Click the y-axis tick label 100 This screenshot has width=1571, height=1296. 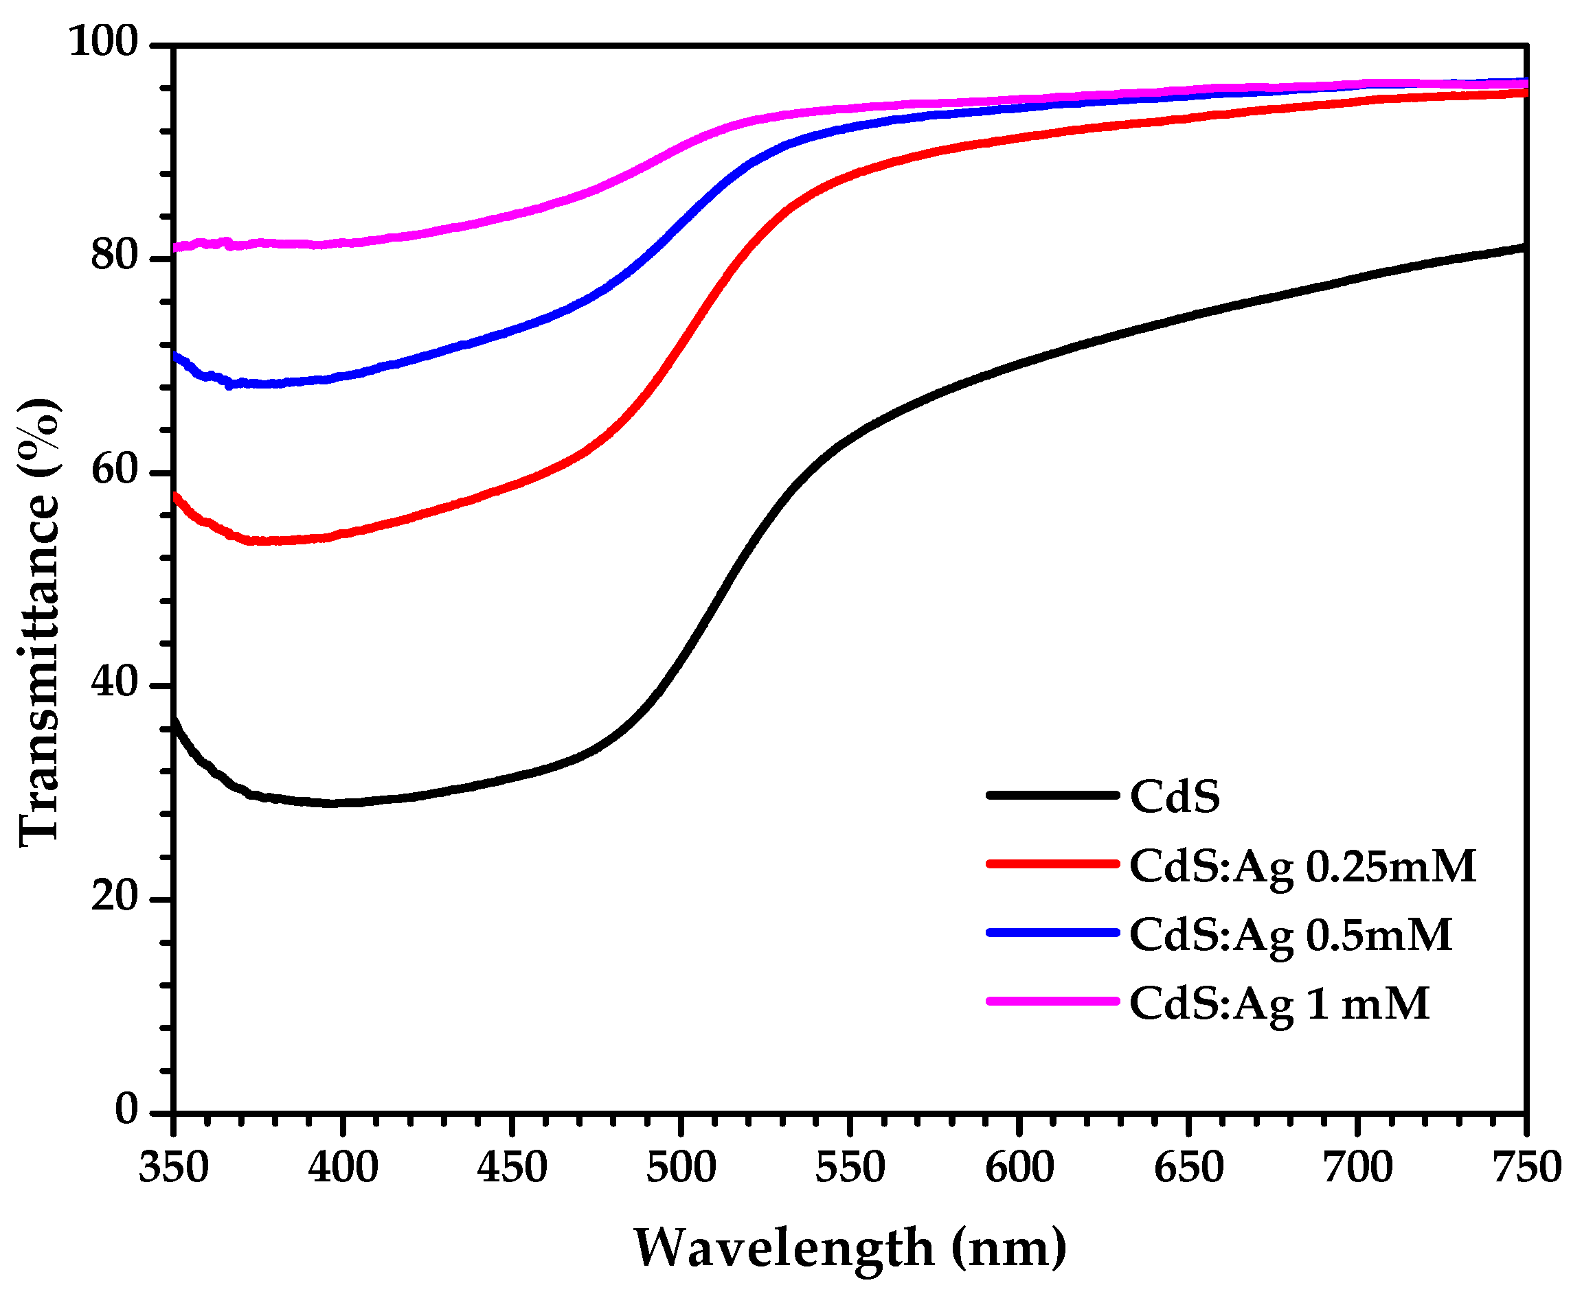104,43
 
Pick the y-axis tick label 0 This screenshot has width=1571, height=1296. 127,1110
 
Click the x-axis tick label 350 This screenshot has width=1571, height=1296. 173,1168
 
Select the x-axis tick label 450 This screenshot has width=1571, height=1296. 512,1168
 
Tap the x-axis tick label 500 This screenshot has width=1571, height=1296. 681,1168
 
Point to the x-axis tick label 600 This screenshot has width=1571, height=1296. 1019,1168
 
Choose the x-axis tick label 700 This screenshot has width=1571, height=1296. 1357,1168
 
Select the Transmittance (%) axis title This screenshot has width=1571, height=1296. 39,623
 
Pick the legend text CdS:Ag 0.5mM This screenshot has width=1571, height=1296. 1290,936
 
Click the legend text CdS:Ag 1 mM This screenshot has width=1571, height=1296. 1279,1004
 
